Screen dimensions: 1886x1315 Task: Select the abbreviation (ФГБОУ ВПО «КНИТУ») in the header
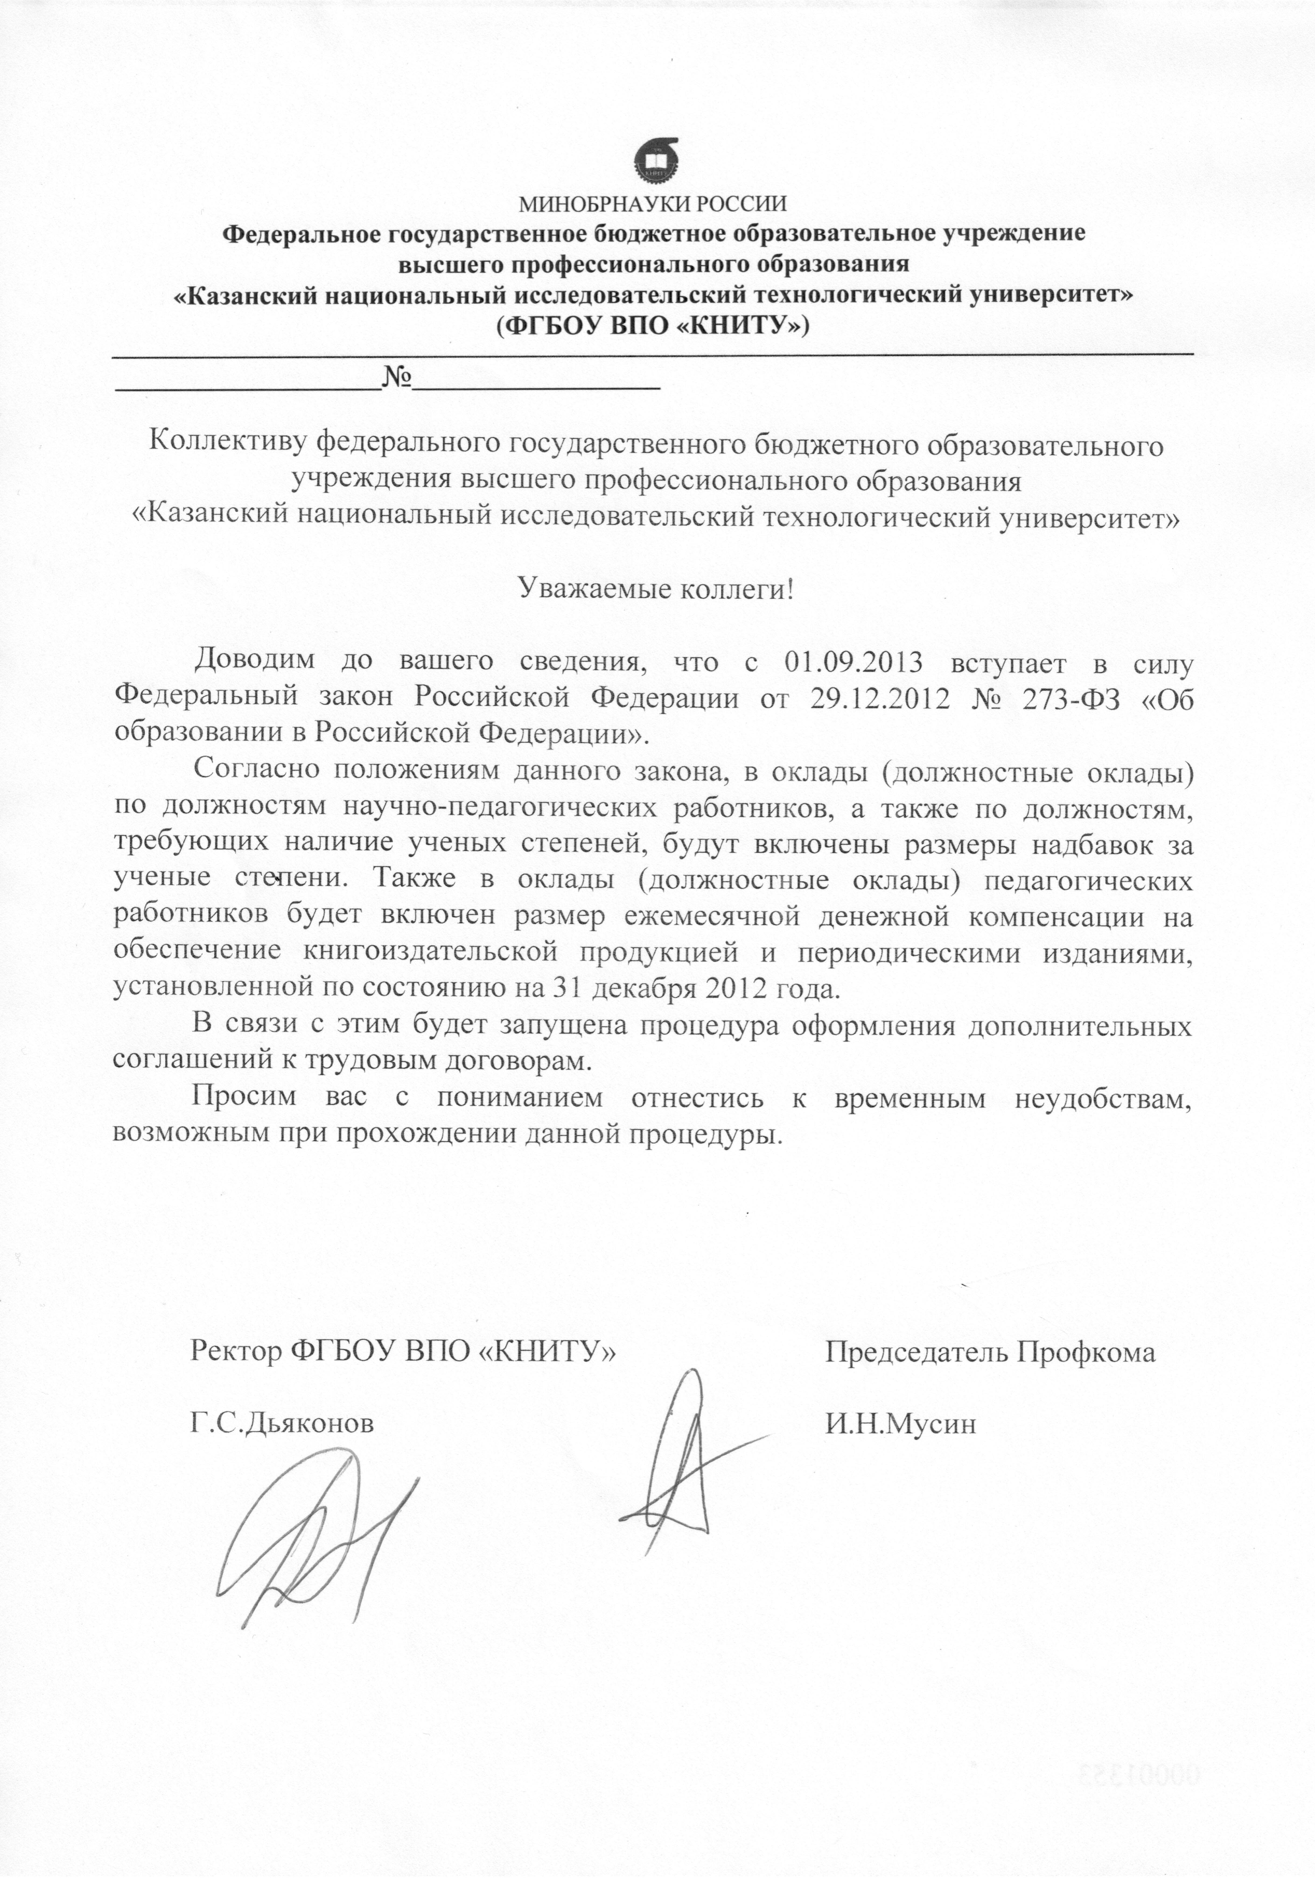pyautogui.click(x=653, y=326)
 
